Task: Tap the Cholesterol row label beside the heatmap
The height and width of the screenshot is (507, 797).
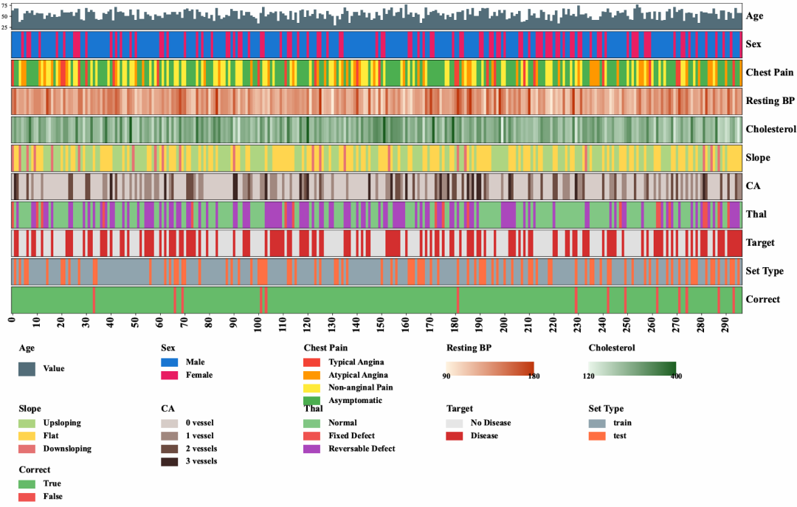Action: (x=771, y=129)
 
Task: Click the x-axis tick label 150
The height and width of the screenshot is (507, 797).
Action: (x=381, y=323)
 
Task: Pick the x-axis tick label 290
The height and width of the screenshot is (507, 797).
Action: (x=725, y=323)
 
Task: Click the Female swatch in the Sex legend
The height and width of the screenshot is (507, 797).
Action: (x=170, y=375)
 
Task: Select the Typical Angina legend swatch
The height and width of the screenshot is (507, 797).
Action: (x=313, y=362)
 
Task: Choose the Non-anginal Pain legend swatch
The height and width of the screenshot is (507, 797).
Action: (x=313, y=387)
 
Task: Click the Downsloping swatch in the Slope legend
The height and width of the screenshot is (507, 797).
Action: (x=27, y=449)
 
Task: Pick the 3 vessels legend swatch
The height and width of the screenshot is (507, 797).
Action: (x=170, y=461)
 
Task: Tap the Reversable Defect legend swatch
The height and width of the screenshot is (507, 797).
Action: (x=313, y=449)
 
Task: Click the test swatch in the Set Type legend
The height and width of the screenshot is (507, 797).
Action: (x=598, y=435)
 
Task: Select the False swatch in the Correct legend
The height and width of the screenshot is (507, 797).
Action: (x=27, y=497)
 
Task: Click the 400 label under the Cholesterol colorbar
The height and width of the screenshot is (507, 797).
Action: (x=676, y=376)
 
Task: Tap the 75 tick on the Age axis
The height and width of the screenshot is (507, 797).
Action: (x=5, y=6)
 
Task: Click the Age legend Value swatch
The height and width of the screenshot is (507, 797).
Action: (x=27, y=368)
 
